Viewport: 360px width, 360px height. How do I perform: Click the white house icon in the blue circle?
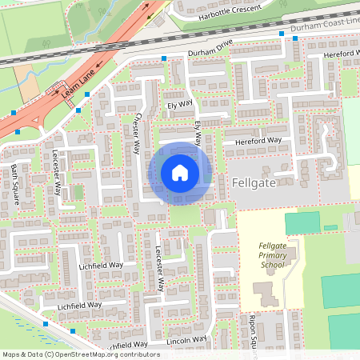[180, 173]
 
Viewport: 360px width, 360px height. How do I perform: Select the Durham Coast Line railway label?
[325, 26]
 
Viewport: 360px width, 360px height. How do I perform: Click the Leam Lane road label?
[78, 83]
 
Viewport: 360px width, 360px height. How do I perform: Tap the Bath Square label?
[15, 183]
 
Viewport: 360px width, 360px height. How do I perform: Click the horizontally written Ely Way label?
[180, 104]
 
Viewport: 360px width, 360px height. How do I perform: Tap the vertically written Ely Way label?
[199, 133]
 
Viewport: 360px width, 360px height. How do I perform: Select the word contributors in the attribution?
[137, 354]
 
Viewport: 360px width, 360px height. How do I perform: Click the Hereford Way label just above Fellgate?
[258, 141]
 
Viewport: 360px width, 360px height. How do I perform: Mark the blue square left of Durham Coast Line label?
[282, 34]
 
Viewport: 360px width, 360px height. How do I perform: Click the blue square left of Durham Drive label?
[164, 58]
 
